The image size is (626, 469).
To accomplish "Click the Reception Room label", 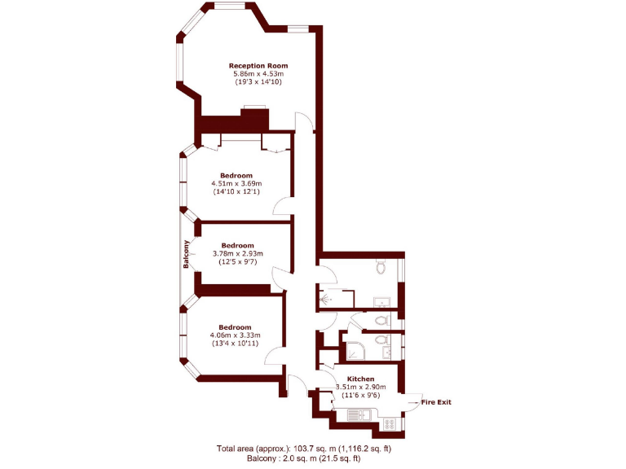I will (x=258, y=66).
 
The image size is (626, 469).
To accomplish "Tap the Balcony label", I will (x=187, y=256).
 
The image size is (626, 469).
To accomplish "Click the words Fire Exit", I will (x=436, y=402).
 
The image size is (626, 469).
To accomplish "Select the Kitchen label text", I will (x=360, y=379).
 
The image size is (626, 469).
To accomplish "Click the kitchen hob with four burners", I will (x=390, y=423).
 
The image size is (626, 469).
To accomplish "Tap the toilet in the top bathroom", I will (x=381, y=267).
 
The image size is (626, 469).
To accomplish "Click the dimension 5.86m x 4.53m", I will (x=258, y=74).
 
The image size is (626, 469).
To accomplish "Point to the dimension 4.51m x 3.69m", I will (x=236, y=184).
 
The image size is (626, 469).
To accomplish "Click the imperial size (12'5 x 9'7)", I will (x=237, y=261).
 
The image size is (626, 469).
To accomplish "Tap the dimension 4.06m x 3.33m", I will (x=235, y=335).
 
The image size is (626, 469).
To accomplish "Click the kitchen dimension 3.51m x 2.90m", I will (x=360, y=388).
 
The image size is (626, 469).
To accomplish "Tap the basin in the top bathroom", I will (x=381, y=304).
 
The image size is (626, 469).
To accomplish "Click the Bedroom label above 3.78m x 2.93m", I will (x=237, y=245).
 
